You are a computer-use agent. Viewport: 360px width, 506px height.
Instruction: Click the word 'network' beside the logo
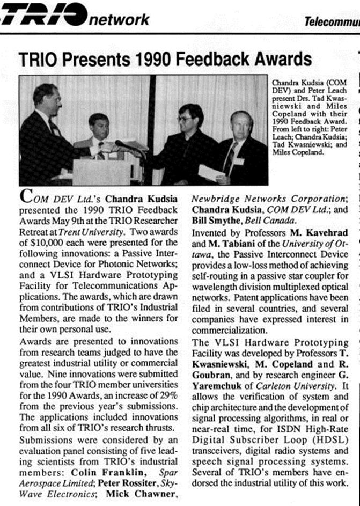pyautogui.click(x=119, y=19)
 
